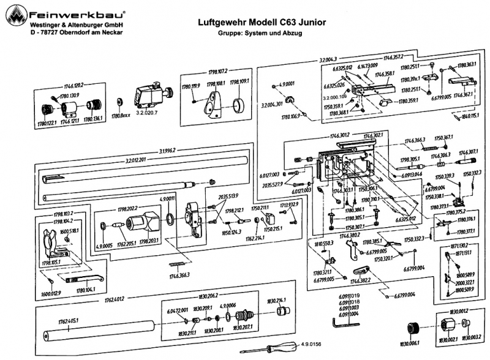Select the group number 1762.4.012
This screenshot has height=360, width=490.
(115, 299)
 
